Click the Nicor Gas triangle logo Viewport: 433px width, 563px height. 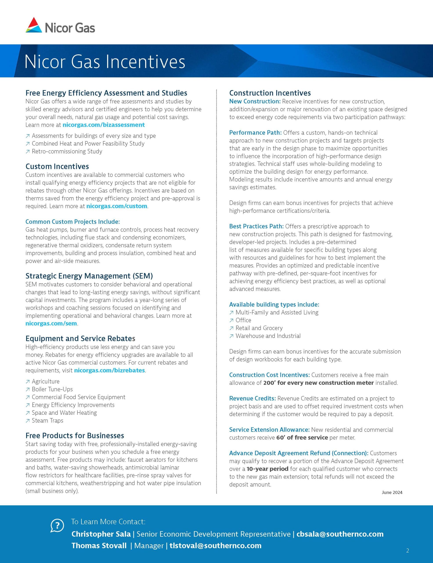[x=34, y=25]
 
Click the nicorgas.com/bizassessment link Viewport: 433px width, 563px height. [x=103, y=125]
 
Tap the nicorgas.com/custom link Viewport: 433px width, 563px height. [x=117, y=206]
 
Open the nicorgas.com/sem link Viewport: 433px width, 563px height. [x=51, y=323]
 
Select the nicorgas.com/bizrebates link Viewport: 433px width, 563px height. [x=109, y=370]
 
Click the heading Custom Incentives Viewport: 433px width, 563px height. [x=57, y=166]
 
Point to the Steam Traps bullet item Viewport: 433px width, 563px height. [x=47, y=420]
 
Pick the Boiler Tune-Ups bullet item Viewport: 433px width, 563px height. [x=52, y=389]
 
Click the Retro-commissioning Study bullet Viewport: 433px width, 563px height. [x=67, y=151]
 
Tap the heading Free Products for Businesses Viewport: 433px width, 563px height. [x=75, y=435]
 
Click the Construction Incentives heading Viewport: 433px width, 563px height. [x=270, y=93]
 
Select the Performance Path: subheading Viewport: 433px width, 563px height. [x=255, y=132]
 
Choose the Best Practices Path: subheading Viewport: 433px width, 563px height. [x=256, y=226]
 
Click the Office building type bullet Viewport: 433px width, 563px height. [x=243, y=320]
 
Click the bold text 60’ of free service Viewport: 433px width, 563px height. [x=302, y=437]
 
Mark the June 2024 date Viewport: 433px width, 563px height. [x=392, y=492]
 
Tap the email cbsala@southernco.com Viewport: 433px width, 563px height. [x=340, y=534]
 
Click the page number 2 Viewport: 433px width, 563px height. [x=408, y=551]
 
